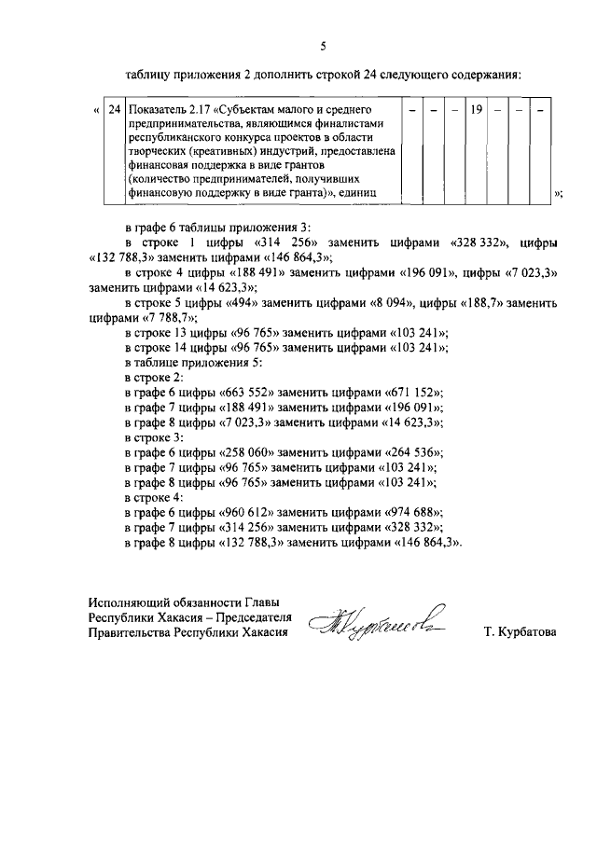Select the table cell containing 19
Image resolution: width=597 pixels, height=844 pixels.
tap(475, 110)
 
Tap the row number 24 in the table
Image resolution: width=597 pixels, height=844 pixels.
tap(114, 110)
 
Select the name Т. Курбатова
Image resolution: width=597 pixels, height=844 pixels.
tap(520, 632)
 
